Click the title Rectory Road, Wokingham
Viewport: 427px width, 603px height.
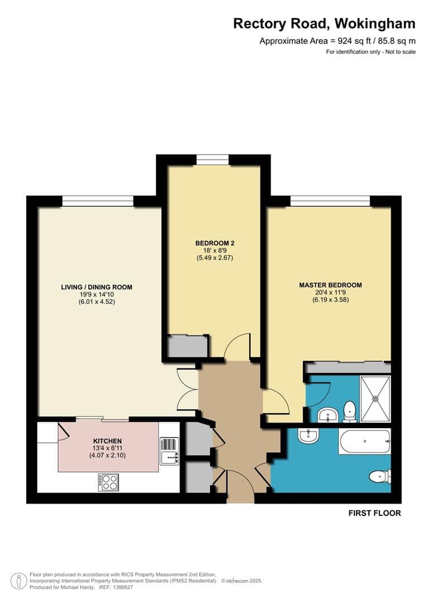324,23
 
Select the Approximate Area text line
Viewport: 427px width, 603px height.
338,41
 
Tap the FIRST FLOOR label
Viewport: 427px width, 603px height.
374,513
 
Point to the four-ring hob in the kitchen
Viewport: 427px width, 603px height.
108,482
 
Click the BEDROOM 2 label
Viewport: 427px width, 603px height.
215,243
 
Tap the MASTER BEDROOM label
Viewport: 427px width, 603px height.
330,285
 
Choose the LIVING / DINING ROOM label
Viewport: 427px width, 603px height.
97,287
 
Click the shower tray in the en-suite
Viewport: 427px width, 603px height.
376,399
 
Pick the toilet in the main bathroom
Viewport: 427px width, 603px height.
380,477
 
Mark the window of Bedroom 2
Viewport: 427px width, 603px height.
212,160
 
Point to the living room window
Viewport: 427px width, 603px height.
97,201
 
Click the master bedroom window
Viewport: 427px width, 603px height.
330,201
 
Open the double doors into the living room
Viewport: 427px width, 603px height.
187,389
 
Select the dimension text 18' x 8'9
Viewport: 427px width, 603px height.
215,251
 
